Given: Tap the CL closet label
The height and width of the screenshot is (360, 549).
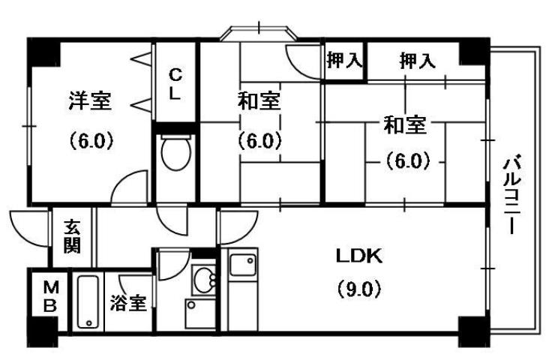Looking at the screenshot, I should pos(175,85).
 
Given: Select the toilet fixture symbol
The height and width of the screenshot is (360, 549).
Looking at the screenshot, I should pos(176,154).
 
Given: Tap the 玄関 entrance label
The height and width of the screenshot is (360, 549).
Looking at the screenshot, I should pos(72,237).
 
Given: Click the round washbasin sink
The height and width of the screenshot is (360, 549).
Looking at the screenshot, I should pos(203,280).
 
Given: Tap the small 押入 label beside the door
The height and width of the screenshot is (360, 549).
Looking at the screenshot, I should pos(344,61).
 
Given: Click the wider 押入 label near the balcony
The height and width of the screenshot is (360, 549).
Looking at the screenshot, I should pos(416,61).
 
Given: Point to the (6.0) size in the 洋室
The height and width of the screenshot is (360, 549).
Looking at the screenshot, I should pos(91,140).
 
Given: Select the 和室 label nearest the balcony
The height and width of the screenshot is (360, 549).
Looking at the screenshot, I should pos(406,124).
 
